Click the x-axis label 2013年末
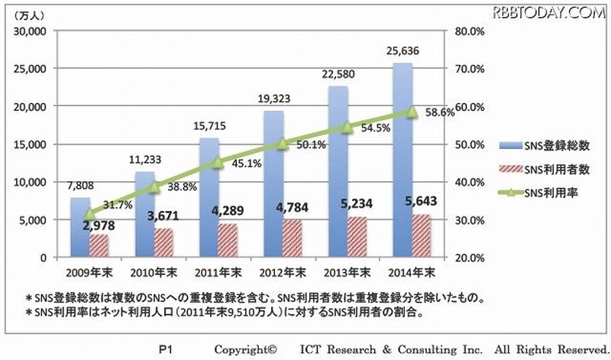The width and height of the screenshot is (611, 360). (x=351, y=272)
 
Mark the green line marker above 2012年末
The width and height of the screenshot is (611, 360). (x=283, y=143)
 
